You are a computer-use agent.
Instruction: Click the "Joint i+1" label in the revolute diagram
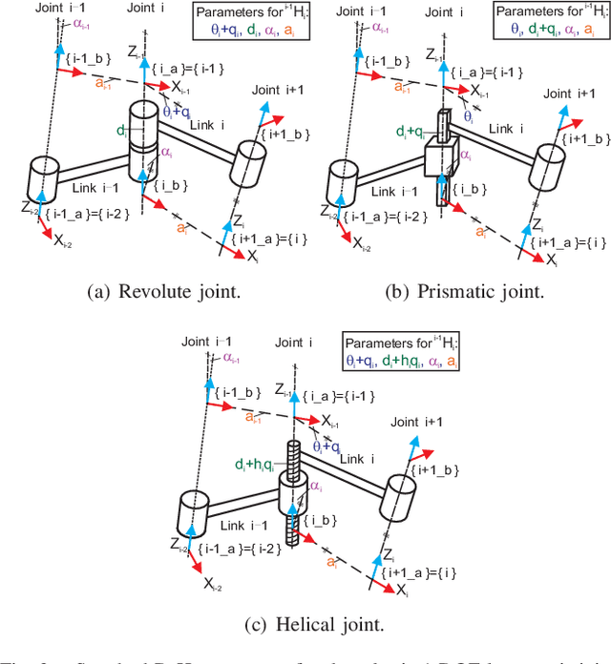point(278,92)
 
